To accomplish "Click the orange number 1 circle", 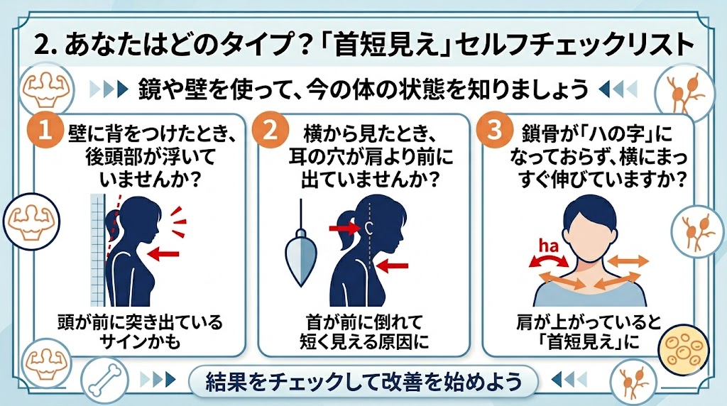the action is [45, 129].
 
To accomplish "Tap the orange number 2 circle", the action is [270, 129].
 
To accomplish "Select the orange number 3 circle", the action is [495, 129].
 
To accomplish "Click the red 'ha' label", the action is [549, 246].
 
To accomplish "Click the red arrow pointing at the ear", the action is [344, 228].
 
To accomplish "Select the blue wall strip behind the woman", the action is [98, 250].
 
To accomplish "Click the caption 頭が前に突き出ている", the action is [140, 322].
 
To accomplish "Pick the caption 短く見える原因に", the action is [364, 342].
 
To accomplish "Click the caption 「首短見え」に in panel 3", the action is [589, 342].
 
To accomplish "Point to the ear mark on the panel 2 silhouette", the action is [369, 228].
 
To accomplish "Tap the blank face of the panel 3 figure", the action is [589, 231].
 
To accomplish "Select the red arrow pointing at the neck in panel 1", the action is [163, 253].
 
